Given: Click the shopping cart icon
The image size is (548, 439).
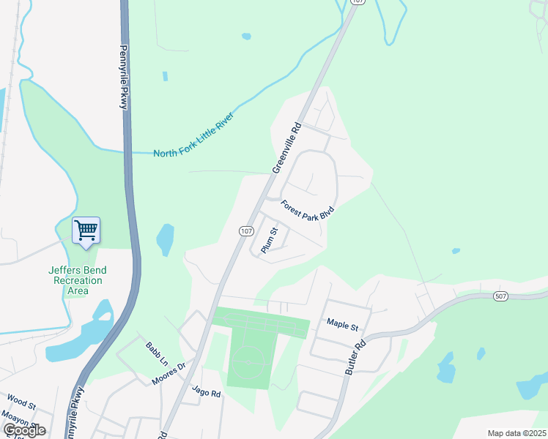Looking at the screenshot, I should pos(86,231).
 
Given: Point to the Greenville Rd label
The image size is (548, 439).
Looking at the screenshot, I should pos(287,147).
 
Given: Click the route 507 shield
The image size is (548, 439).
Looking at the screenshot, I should pos(500,296).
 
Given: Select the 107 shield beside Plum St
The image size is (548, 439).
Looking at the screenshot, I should pos(246,230).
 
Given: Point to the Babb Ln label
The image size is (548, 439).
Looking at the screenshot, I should pos(157,356).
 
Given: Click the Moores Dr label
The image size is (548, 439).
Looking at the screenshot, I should pos(169,375).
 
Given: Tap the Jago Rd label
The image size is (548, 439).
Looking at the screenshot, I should pos(206,393).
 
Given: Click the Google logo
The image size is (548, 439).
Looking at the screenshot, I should pos(24,429).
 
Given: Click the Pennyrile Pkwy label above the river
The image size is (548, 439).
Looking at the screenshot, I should pos(123,78).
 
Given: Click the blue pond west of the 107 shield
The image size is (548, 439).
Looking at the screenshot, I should pos(165,239).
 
